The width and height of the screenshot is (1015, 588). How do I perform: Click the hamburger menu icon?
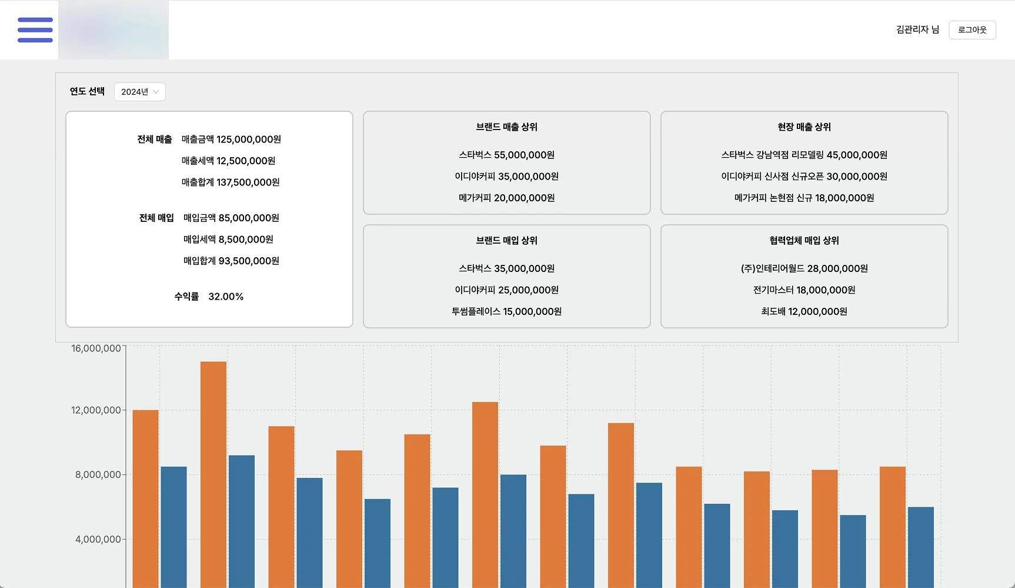[x=35, y=30]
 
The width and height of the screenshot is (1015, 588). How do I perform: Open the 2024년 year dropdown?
[x=140, y=92]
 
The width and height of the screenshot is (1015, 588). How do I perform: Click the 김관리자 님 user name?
[x=917, y=29]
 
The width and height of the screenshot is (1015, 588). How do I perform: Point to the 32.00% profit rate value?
[x=226, y=297]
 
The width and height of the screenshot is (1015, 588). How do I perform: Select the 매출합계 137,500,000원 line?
[x=231, y=182]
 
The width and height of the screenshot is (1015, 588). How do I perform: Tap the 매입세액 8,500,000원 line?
[x=228, y=240]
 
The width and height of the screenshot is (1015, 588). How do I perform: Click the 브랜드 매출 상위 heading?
[x=507, y=127]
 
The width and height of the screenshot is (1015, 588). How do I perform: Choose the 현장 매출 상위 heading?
[x=804, y=127]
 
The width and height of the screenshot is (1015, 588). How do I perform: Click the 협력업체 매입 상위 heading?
[x=804, y=241]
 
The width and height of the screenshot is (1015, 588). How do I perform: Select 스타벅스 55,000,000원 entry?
[x=507, y=155]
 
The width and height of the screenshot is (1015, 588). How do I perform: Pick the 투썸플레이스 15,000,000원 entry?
[x=507, y=312]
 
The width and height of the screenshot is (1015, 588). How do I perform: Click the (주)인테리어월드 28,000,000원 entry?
[x=804, y=269]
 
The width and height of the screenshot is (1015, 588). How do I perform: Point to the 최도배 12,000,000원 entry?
[x=804, y=312]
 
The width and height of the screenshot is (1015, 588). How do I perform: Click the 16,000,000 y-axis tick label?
[x=96, y=348]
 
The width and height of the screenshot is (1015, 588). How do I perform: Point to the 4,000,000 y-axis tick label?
[x=98, y=539]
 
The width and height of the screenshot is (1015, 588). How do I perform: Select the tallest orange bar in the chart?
[x=213, y=474]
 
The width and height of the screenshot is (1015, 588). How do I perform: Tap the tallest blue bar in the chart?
[x=242, y=521]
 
